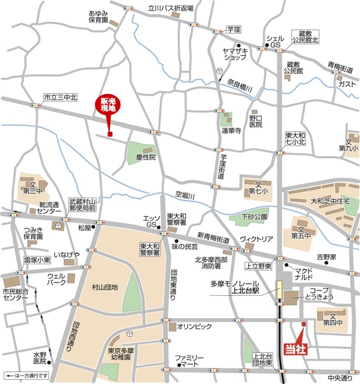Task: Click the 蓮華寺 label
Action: [231, 131]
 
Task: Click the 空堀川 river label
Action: [185, 195]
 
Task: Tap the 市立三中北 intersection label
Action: [60, 97]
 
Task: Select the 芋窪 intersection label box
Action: [233, 31]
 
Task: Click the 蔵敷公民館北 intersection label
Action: [302, 36]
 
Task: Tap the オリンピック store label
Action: [194, 327]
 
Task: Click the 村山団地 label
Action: [105, 287]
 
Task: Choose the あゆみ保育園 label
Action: [98, 16]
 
